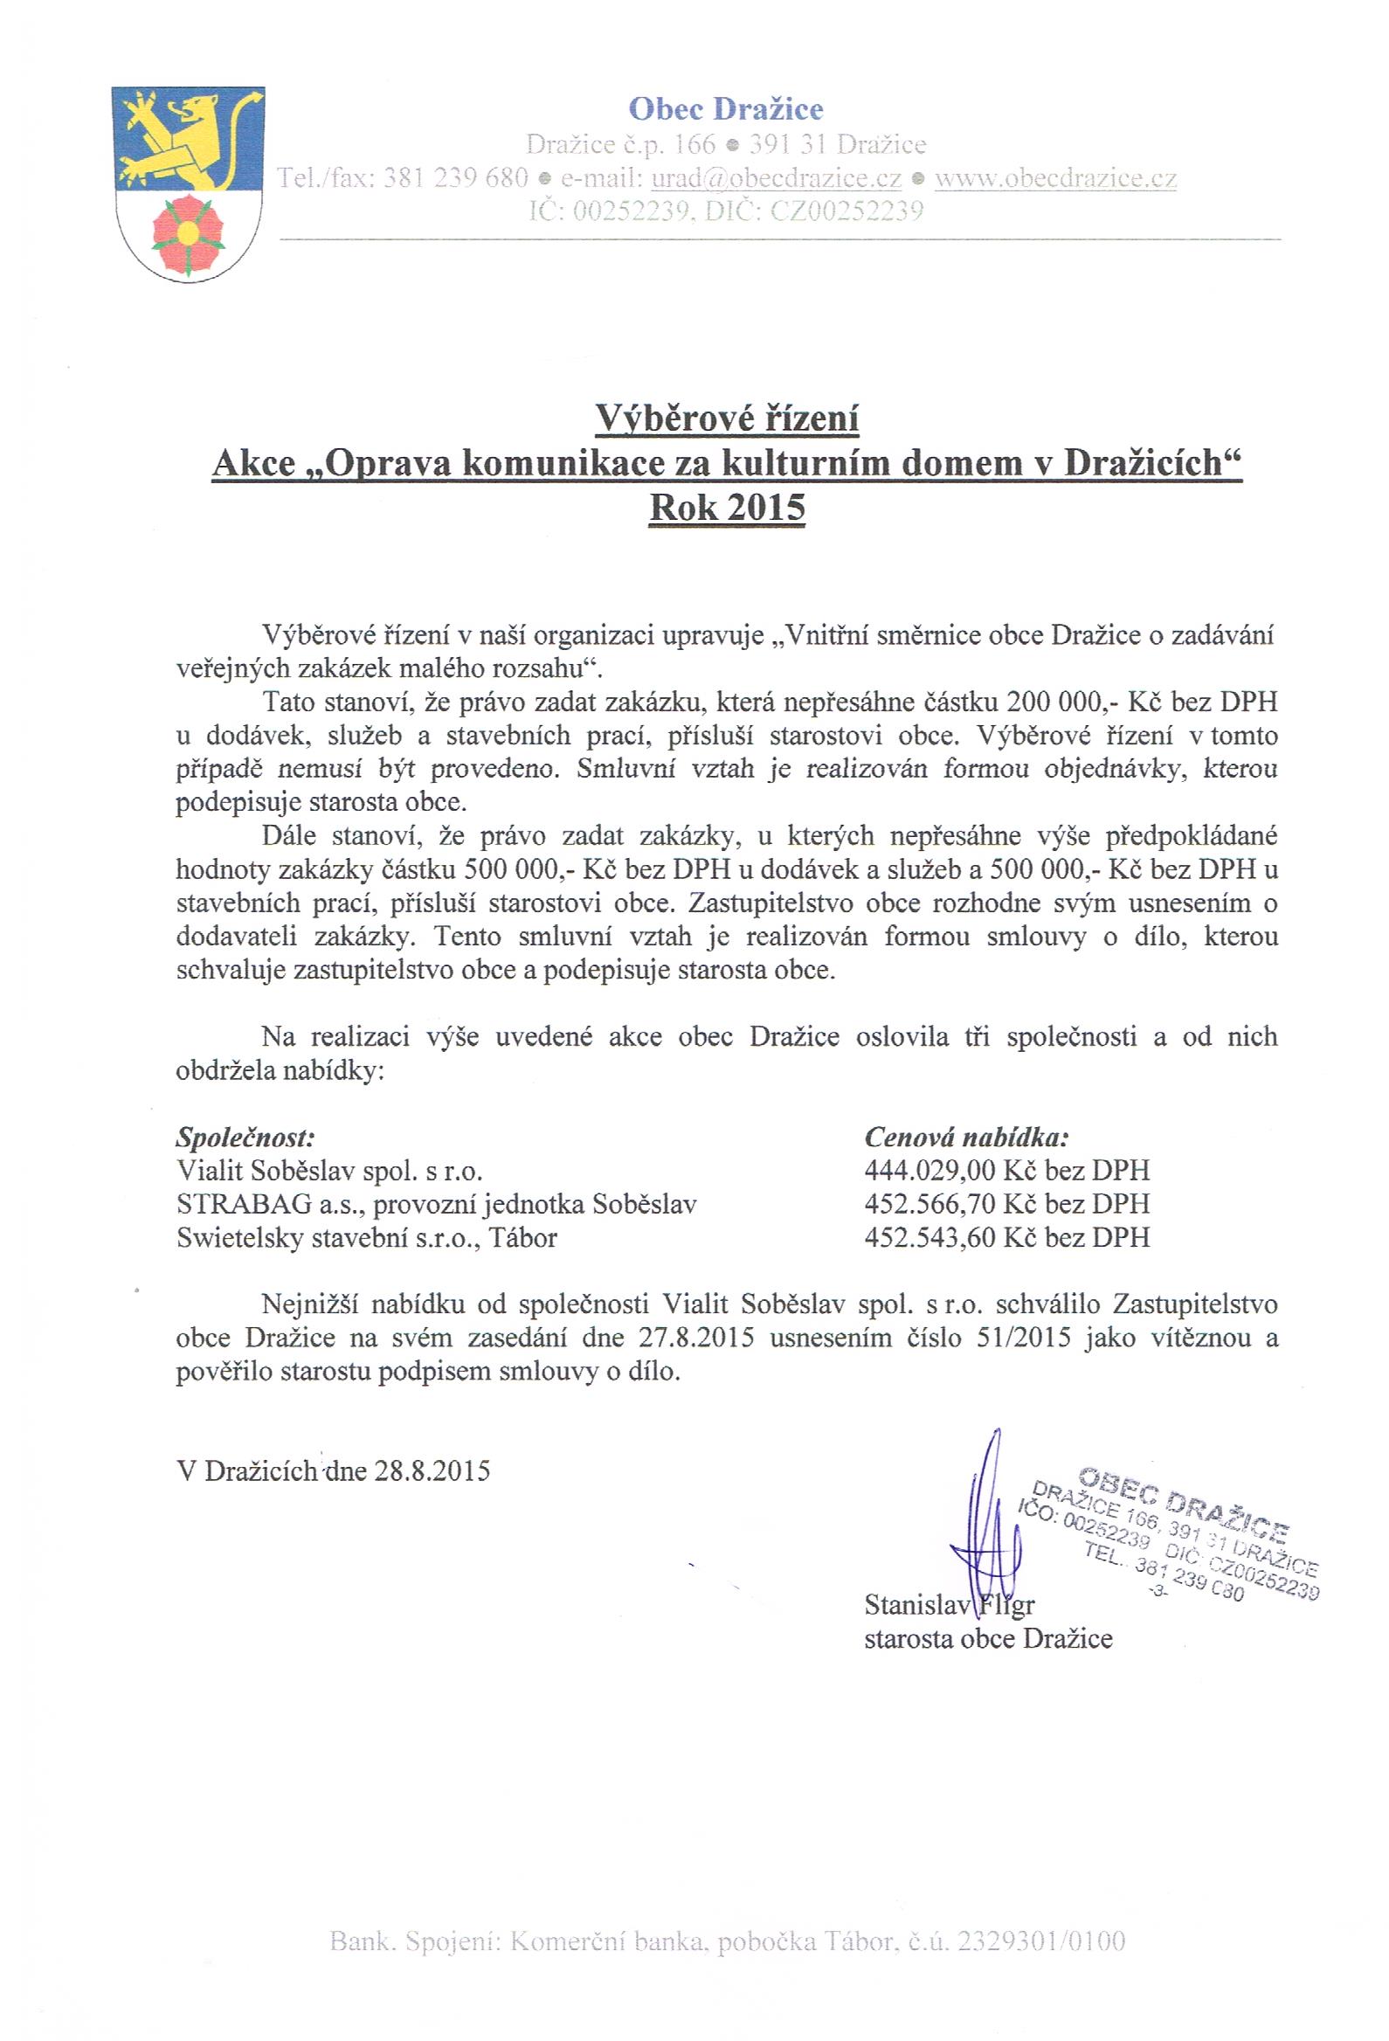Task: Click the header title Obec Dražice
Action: click(x=726, y=109)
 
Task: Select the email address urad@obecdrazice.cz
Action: click(x=775, y=177)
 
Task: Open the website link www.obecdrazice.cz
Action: click(x=1055, y=177)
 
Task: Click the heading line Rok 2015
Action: click(x=726, y=509)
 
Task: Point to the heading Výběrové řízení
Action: click(x=726, y=418)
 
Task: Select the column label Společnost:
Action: click(x=245, y=1137)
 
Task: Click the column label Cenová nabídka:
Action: click(x=967, y=1137)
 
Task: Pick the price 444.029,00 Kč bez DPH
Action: click(x=1006, y=1170)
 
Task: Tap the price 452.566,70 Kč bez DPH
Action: click(x=1006, y=1203)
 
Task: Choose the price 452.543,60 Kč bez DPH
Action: click(x=1006, y=1236)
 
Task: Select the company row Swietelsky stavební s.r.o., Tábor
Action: click(x=367, y=1236)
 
